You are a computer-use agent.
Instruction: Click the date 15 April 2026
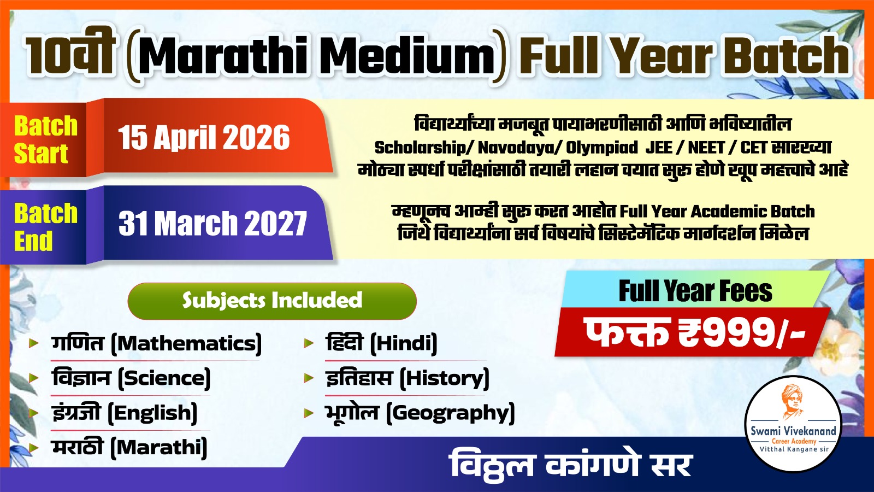coord(204,137)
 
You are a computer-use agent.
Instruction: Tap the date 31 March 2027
coord(212,224)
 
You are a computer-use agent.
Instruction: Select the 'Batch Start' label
coord(45,139)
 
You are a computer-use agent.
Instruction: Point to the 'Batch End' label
coord(45,227)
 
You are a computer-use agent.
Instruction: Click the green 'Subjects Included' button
coord(272,300)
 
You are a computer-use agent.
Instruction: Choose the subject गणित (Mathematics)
coord(156,344)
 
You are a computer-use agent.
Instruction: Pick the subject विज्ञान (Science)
coord(131,378)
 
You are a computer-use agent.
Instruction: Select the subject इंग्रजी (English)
coord(125,413)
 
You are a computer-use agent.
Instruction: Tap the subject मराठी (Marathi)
coord(129,448)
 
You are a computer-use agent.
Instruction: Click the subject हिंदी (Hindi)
coord(381,344)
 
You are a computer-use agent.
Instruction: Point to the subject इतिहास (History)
coord(407,378)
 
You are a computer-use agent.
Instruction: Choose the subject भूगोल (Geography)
coord(420,413)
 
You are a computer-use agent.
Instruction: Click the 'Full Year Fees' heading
coord(695,291)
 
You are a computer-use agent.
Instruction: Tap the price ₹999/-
coord(695,332)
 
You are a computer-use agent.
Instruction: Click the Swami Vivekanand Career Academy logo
coord(793,424)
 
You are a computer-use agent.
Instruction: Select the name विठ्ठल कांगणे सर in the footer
coord(571,465)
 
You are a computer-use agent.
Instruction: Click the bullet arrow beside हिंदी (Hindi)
coord(309,343)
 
